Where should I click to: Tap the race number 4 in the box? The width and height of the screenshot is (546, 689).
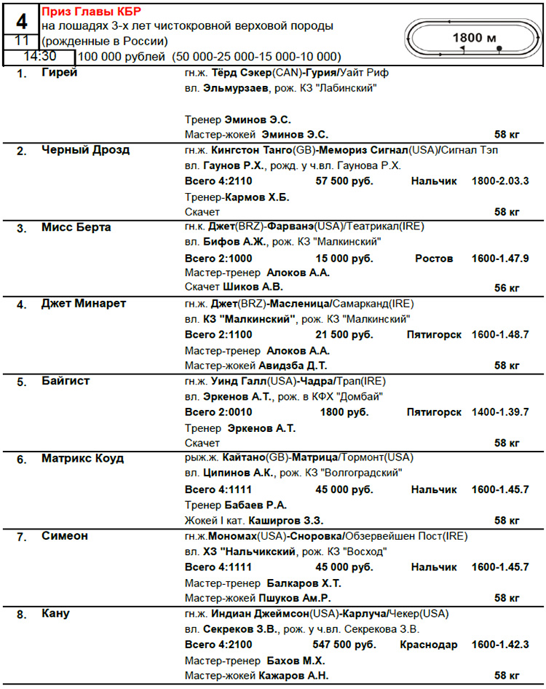[22, 19]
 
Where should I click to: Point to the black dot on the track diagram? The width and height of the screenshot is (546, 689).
[499, 49]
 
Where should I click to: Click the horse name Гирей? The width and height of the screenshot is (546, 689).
[60, 73]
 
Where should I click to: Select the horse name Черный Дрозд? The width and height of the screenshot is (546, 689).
[86, 150]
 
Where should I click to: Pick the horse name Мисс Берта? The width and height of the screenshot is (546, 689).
[76, 227]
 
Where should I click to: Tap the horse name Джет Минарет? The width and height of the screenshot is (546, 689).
[84, 304]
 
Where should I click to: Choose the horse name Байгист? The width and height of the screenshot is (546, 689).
[68, 381]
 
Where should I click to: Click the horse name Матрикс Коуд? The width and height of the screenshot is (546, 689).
[83, 459]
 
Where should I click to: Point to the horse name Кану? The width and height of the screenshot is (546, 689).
[55, 613]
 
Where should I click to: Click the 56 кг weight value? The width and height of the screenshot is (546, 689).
[507, 288]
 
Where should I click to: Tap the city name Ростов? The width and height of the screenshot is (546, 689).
[434, 259]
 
